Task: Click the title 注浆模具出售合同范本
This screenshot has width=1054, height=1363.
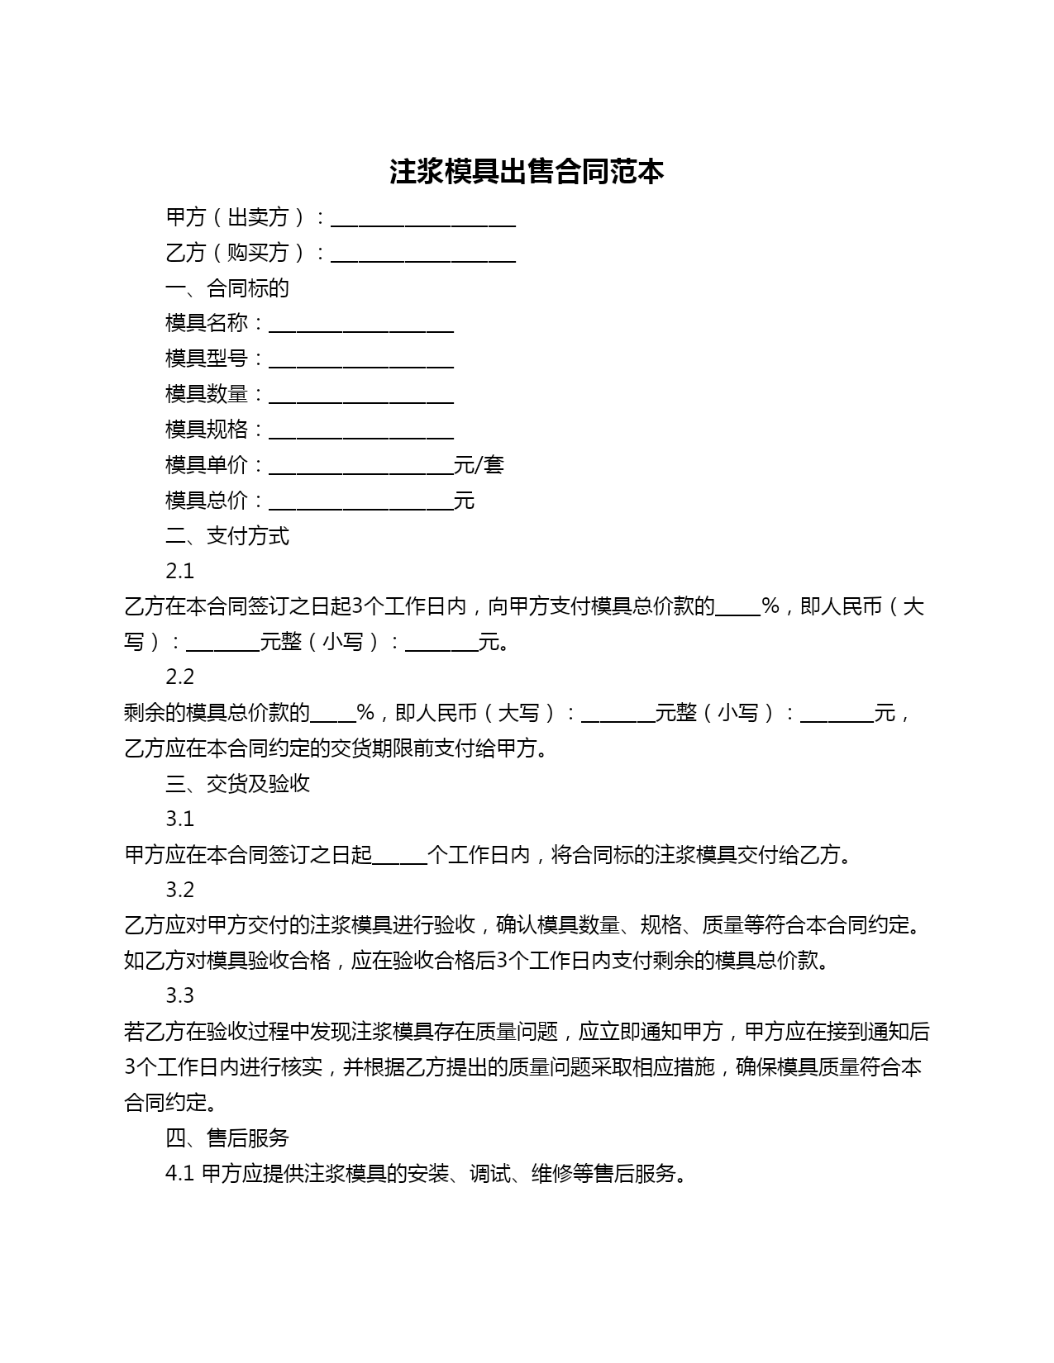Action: (x=527, y=172)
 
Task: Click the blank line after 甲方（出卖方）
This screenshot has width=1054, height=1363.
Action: (x=423, y=219)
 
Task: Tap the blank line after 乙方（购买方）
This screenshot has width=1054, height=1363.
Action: (x=423, y=254)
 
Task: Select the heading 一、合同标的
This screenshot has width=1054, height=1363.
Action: (x=227, y=288)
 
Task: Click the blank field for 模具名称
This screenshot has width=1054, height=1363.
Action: (x=361, y=325)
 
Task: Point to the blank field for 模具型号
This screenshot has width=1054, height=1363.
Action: (x=361, y=360)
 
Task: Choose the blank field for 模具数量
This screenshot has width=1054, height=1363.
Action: (x=361, y=396)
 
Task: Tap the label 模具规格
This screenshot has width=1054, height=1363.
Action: (x=207, y=430)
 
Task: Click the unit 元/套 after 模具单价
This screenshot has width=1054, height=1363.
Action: (x=479, y=465)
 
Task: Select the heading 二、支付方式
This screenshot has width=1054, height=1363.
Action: (x=227, y=536)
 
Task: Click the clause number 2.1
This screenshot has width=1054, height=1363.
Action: (x=179, y=572)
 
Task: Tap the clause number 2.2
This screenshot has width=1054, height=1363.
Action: (x=179, y=677)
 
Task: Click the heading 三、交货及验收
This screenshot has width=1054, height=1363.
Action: (x=238, y=783)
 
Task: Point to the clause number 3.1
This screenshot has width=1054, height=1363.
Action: (x=179, y=819)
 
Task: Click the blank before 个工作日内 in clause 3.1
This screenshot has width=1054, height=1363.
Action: (x=400, y=857)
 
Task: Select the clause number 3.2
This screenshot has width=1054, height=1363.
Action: (x=179, y=890)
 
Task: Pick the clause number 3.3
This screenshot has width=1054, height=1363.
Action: (x=179, y=995)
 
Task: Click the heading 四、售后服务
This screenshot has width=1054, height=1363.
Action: (x=227, y=1138)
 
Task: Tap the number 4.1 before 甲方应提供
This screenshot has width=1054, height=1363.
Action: (x=179, y=1174)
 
